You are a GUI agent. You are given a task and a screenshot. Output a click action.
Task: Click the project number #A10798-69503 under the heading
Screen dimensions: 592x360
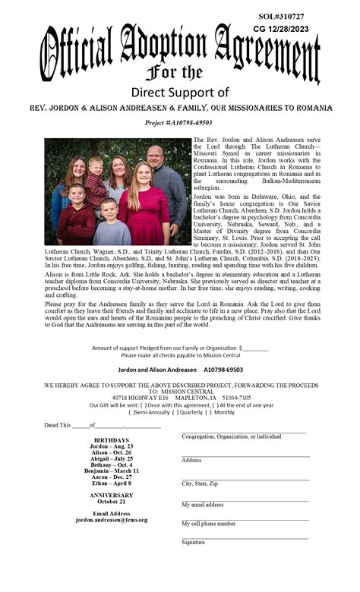(x=179, y=122)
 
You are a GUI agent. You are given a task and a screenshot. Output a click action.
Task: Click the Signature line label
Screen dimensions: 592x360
(x=193, y=543)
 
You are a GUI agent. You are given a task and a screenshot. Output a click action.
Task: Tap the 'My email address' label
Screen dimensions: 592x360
(x=202, y=505)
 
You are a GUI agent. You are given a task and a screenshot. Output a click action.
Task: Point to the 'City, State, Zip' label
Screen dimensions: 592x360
(x=200, y=483)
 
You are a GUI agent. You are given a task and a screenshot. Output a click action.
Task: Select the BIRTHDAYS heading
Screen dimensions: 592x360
(x=111, y=440)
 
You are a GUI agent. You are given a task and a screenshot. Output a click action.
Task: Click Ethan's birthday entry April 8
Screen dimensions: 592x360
(x=111, y=483)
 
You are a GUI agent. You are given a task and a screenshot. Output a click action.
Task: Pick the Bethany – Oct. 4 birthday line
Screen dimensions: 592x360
(x=111, y=464)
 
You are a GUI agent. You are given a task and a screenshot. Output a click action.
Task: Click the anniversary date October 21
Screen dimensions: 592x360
(x=112, y=502)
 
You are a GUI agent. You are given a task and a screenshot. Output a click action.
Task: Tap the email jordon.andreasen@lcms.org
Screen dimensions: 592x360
(x=112, y=520)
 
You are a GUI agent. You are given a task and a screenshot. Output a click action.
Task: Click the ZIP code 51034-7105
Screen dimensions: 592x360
(x=236, y=397)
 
